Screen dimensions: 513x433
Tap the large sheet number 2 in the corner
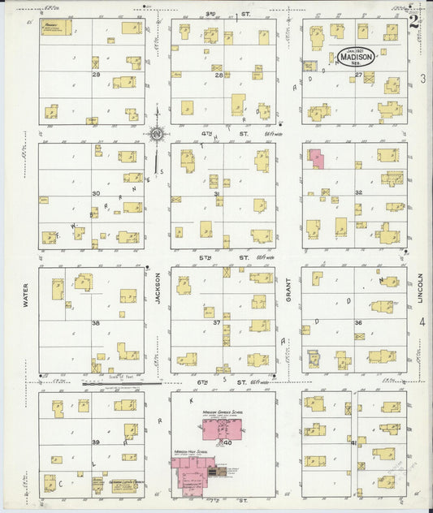coord(414,21)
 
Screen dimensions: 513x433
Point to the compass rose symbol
coord(156,135)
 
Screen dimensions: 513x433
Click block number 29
coord(95,75)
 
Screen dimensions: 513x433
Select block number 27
coord(358,75)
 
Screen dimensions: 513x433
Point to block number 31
coord(216,194)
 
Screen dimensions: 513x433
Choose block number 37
coord(217,322)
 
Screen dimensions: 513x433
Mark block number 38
coord(95,322)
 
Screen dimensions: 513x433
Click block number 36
coord(358,322)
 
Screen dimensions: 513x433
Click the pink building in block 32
coord(315,157)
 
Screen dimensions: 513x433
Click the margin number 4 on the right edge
coord(422,322)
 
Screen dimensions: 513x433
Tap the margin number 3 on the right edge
coord(422,79)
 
